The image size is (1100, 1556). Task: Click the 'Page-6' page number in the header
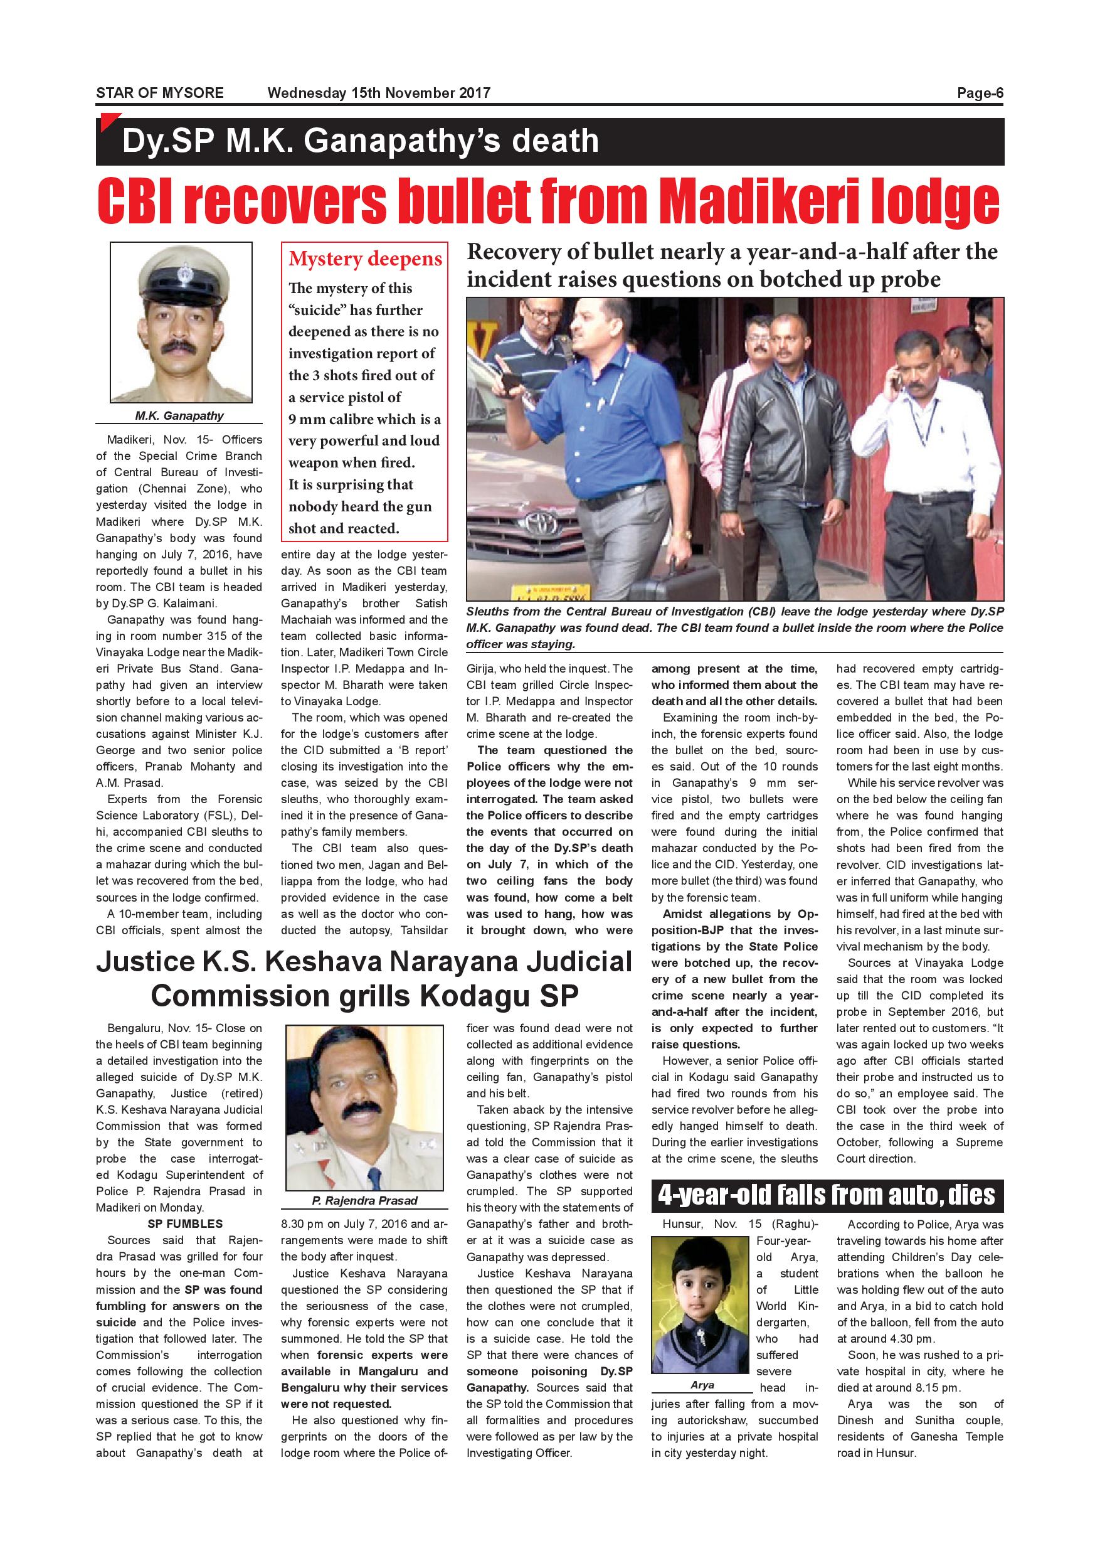(x=980, y=93)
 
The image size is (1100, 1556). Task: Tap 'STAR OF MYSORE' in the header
(x=159, y=93)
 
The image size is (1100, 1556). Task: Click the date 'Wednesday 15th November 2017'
(x=379, y=93)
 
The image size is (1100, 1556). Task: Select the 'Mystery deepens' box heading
(x=365, y=259)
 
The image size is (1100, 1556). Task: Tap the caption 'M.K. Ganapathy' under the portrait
(x=179, y=415)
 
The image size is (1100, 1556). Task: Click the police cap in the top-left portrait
(x=181, y=277)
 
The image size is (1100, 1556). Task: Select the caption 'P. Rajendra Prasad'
(x=364, y=1200)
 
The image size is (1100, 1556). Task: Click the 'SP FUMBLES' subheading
(x=185, y=1224)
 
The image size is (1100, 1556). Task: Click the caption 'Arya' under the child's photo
(x=702, y=1385)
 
